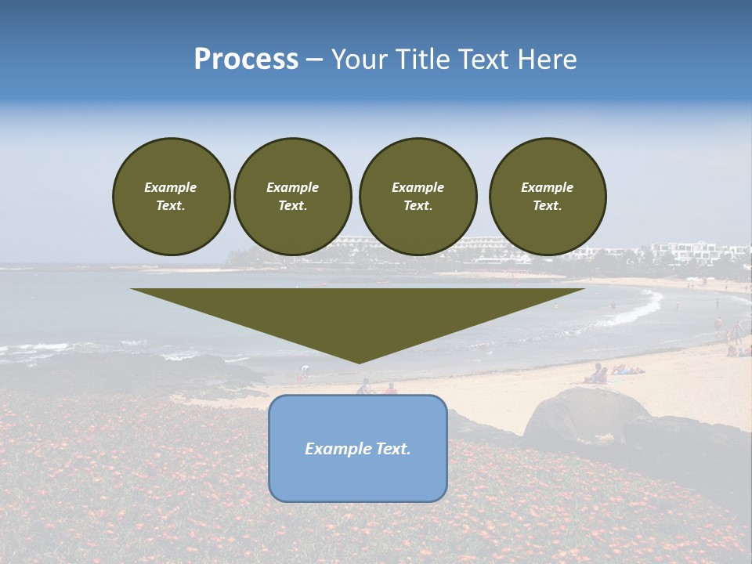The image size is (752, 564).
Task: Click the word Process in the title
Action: pyautogui.click(x=246, y=60)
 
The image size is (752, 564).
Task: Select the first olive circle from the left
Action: pyautogui.click(x=171, y=197)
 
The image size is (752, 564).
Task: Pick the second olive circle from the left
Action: pyautogui.click(x=293, y=197)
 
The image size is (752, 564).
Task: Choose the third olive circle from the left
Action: pyautogui.click(x=418, y=197)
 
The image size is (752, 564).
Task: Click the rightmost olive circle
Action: pyautogui.click(x=548, y=197)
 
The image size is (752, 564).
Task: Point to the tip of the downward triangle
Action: pyautogui.click(x=359, y=362)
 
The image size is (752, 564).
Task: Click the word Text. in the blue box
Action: pyautogui.click(x=394, y=449)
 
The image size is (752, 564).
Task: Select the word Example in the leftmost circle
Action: pyautogui.click(x=171, y=187)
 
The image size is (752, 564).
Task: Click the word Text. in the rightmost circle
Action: pyautogui.click(x=548, y=206)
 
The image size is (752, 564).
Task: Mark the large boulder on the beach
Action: pyautogui.click(x=584, y=415)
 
